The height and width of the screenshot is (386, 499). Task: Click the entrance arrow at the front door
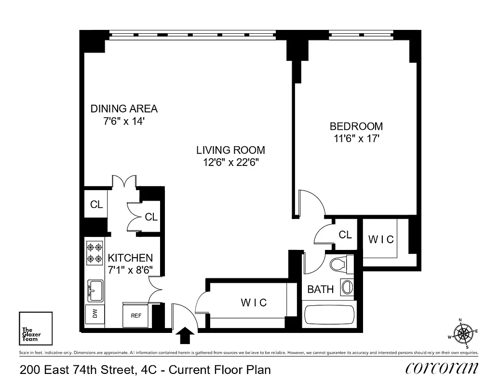click(x=186, y=334)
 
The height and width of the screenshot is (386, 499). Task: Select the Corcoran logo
click(x=442, y=369)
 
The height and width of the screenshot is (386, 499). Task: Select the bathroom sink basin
click(x=347, y=287)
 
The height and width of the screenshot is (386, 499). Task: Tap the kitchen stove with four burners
click(x=94, y=253)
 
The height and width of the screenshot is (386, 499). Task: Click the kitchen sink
click(x=94, y=290)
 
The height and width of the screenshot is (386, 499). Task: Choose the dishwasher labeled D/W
click(x=94, y=315)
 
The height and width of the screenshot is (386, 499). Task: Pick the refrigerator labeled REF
click(x=136, y=315)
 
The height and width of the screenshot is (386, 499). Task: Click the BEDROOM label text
click(x=356, y=126)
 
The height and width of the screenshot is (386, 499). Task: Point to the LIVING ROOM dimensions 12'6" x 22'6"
click(x=231, y=162)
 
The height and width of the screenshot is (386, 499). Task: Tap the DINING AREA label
click(x=124, y=109)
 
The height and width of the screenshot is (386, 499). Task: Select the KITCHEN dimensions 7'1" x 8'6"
click(x=130, y=270)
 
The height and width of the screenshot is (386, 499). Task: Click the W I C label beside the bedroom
click(x=380, y=239)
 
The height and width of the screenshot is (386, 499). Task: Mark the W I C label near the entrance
click(x=254, y=303)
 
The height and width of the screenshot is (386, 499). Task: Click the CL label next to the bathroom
click(x=345, y=235)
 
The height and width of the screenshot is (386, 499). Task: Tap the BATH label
click(x=320, y=289)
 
